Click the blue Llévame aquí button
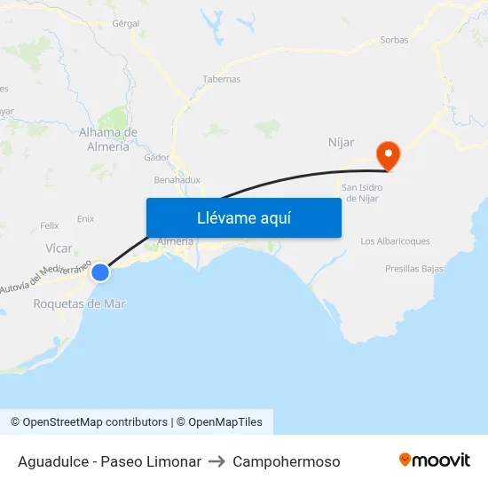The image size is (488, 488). (x=243, y=217)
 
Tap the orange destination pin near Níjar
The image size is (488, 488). (x=388, y=155)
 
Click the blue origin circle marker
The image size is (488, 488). (x=100, y=272)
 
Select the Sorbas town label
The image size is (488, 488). (x=394, y=40)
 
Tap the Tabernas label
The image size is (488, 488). (x=222, y=79)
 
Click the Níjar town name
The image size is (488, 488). (x=342, y=141)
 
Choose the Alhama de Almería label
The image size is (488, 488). (x=108, y=139)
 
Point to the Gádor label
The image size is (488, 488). (x=156, y=157)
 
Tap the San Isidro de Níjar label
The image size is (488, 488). (x=361, y=193)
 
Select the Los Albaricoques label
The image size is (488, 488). (x=395, y=241)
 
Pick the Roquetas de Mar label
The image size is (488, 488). (x=79, y=303)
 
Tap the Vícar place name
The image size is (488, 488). (x=59, y=248)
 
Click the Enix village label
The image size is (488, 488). (x=86, y=218)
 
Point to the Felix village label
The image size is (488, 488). (x=50, y=226)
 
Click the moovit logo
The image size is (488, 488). (x=434, y=460)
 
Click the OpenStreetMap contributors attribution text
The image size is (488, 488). (x=89, y=422)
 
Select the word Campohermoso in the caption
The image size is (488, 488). (x=286, y=461)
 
